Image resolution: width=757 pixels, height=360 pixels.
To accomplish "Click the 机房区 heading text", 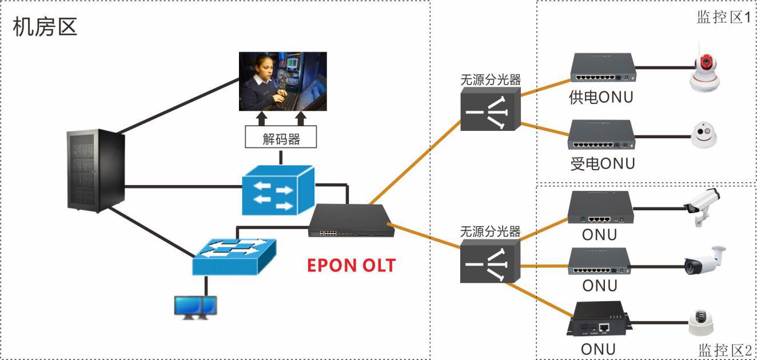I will click(45, 27).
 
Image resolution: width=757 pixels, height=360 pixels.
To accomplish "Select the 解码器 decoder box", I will click(281, 138).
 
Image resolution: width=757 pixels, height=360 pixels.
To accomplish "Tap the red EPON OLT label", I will click(351, 265).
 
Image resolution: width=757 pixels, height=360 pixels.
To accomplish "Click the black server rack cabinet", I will click(95, 171).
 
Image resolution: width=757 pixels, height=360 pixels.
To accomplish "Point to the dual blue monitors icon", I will click(196, 307).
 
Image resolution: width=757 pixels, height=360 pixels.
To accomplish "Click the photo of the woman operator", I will click(282, 81).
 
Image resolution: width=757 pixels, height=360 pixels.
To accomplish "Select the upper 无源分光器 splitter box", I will click(490, 109).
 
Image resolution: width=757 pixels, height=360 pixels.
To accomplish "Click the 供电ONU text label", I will click(601, 98).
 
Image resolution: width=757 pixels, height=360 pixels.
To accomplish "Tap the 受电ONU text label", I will click(602, 164).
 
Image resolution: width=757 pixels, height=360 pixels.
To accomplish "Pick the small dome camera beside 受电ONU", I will click(704, 135).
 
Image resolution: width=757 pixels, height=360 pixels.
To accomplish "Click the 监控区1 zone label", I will click(723, 17).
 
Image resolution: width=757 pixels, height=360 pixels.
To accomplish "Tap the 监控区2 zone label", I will click(724, 350).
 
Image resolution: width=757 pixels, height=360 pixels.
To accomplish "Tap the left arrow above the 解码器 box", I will click(262, 118).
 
